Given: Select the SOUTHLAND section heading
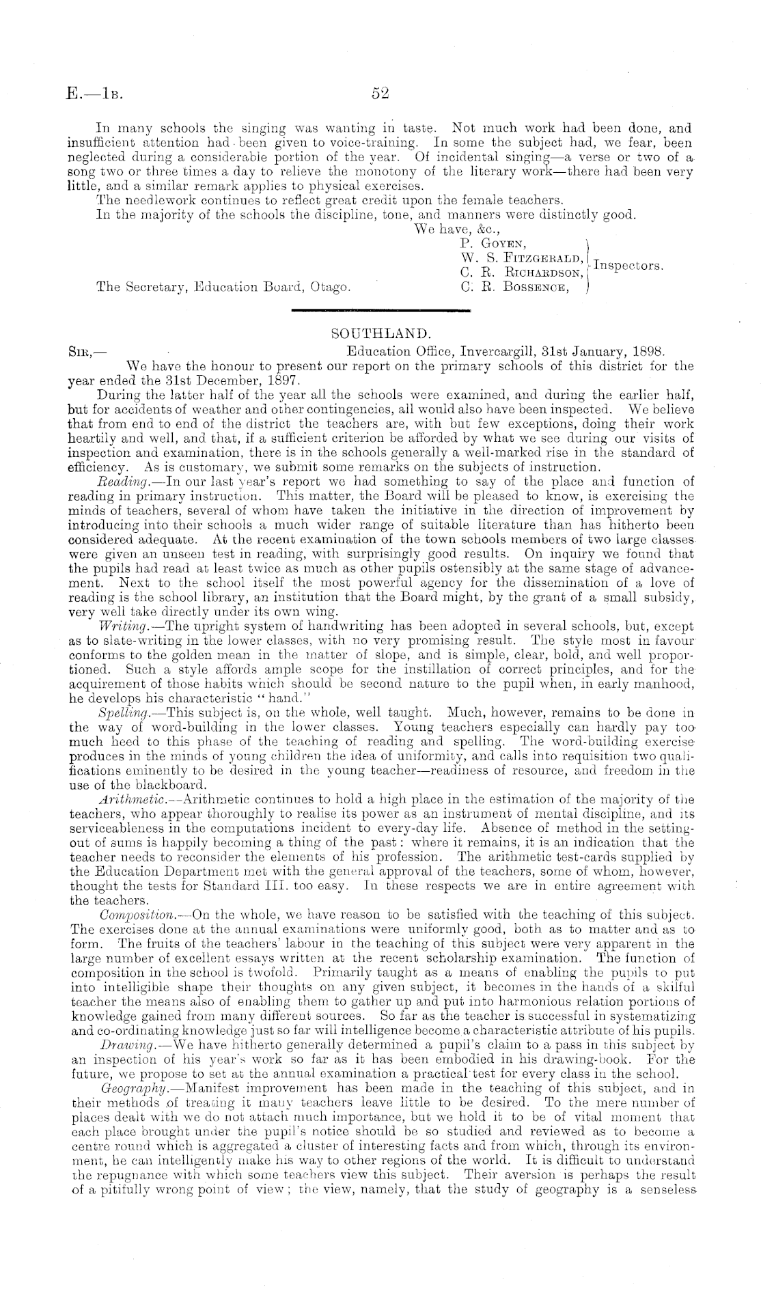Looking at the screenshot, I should click(x=380, y=334).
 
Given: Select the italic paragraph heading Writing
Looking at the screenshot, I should click(x=119, y=625).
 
